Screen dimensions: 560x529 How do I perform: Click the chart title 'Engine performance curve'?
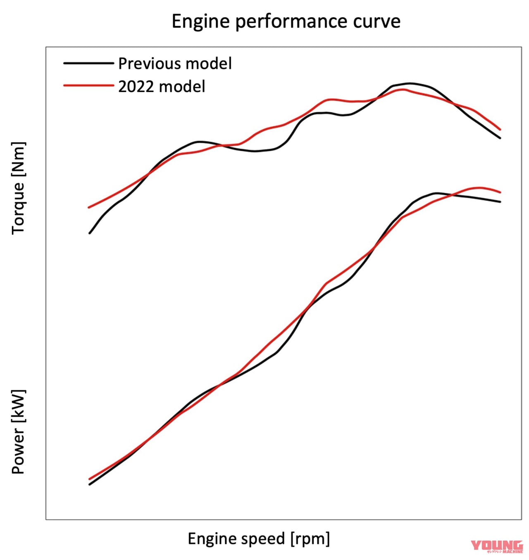[286, 21]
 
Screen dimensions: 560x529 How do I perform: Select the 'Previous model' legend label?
[175, 64]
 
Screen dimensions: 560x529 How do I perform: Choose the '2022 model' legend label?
[162, 87]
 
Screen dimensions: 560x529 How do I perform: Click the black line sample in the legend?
[88, 63]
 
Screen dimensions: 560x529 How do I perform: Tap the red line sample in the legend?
[88, 85]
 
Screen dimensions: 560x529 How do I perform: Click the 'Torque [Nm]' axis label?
[18, 188]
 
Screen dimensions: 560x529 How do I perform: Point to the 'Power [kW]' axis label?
[18, 432]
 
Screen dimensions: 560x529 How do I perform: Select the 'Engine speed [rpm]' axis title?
[259, 539]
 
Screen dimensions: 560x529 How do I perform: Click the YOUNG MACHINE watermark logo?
[497, 546]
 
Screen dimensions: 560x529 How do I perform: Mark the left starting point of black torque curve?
[90, 233]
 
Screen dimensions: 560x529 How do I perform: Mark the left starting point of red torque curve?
[89, 207]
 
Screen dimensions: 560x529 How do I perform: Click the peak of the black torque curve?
[409, 83]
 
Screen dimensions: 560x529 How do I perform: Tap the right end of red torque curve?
[500, 129]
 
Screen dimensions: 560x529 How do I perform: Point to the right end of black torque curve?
[500, 138]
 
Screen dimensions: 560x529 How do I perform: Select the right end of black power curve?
[500, 202]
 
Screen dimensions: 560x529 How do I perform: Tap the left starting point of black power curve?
[90, 484]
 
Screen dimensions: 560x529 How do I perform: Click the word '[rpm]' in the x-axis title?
[310, 539]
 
